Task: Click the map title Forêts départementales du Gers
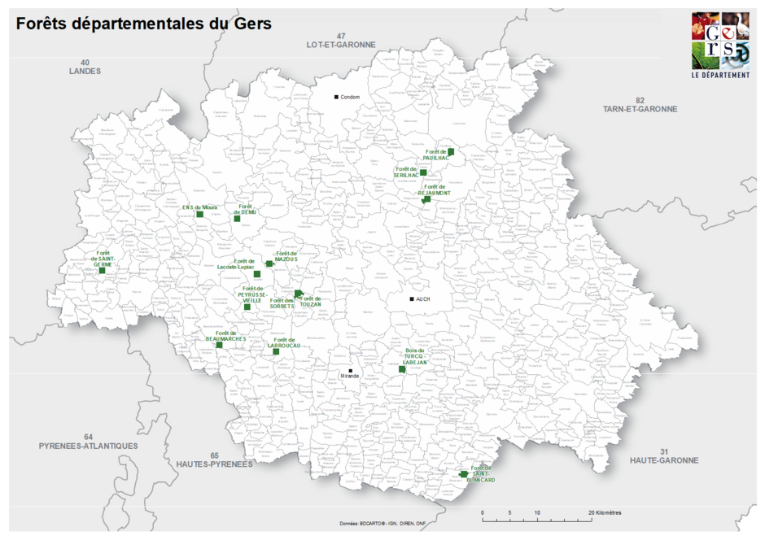143,24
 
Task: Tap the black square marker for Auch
412,299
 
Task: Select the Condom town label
350,98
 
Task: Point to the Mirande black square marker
350,371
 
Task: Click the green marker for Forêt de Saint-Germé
102,270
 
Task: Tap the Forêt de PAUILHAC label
436,155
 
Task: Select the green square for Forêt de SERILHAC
423,172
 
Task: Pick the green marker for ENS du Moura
199,215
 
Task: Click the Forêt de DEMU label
245,210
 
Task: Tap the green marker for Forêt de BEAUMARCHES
219,345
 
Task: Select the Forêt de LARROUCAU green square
276,351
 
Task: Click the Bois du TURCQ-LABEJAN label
414,357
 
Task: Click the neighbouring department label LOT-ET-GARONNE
341,45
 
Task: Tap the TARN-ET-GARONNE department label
640,108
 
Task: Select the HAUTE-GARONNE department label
663,460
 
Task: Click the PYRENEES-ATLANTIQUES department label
88,446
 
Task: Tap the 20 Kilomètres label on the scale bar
605,513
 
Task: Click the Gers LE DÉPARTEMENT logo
720,46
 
